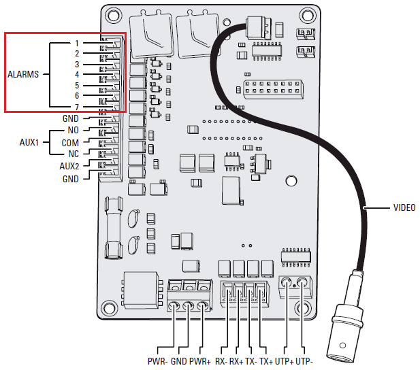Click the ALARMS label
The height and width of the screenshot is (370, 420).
(x=23, y=74)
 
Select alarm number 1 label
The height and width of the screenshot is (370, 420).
(x=77, y=43)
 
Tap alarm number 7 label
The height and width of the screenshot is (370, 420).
(x=77, y=107)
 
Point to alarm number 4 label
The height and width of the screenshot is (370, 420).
(x=77, y=75)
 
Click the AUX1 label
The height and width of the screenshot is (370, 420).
(x=29, y=143)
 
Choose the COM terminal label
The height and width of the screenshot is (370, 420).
(x=70, y=143)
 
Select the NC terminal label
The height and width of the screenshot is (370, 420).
(x=73, y=154)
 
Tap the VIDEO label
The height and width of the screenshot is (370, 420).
(x=404, y=207)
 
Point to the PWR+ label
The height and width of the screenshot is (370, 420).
(x=201, y=360)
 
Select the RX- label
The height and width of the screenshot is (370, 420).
(x=221, y=360)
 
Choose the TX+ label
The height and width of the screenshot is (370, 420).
(x=265, y=360)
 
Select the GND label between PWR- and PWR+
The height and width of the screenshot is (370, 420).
(x=178, y=360)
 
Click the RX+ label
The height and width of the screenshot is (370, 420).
(x=236, y=360)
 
